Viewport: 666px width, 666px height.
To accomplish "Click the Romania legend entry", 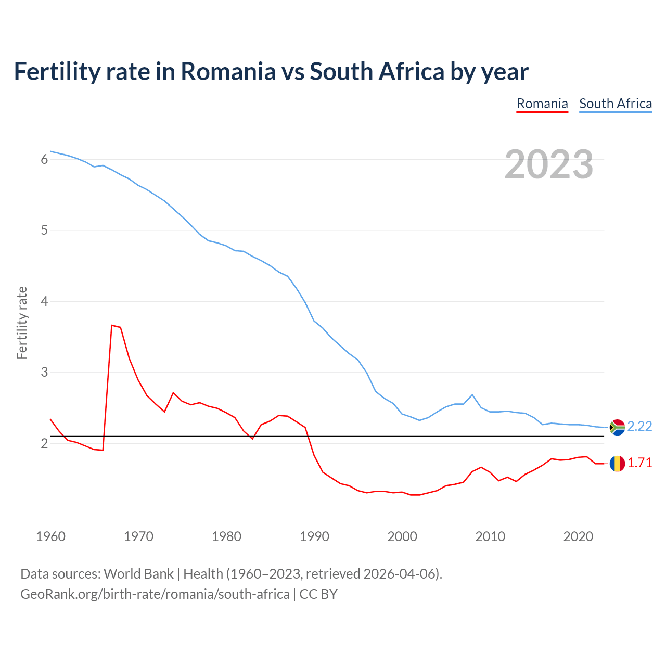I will tap(542, 104).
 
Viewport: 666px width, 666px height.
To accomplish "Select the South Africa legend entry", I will tap(616, 104).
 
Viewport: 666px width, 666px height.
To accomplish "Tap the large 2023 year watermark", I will tap(549, 164).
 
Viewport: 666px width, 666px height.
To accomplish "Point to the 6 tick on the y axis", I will tap(44, 159).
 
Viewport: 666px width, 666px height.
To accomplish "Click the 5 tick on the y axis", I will tap(44, 230).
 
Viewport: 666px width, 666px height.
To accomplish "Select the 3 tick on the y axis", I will tap(44, 373).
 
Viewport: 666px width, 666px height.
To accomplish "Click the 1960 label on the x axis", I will tap(50, 536).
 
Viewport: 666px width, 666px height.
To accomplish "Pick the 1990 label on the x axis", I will tap(314, 536).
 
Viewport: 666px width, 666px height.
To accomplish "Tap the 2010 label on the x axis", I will tap(490, 536).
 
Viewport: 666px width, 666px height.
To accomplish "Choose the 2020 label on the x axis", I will tap(578, 536).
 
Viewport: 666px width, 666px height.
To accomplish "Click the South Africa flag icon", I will tap(617, 427).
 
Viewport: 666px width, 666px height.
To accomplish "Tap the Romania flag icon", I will tap(617, 463).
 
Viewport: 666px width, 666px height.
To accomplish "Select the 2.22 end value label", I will tap(639, 427).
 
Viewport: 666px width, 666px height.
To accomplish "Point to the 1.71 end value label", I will tap(639, 463).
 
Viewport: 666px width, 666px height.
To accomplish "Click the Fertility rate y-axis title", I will tap(22, 323).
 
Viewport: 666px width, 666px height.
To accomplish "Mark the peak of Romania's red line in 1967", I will tap(112, 325).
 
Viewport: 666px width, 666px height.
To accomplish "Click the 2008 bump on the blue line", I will tap(472, 395).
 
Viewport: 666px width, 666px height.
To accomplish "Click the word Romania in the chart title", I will tap(228, 72).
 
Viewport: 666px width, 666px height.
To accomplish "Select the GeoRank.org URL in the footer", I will tap(155, 594).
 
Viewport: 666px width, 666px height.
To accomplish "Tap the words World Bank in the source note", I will tap(138, 574).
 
